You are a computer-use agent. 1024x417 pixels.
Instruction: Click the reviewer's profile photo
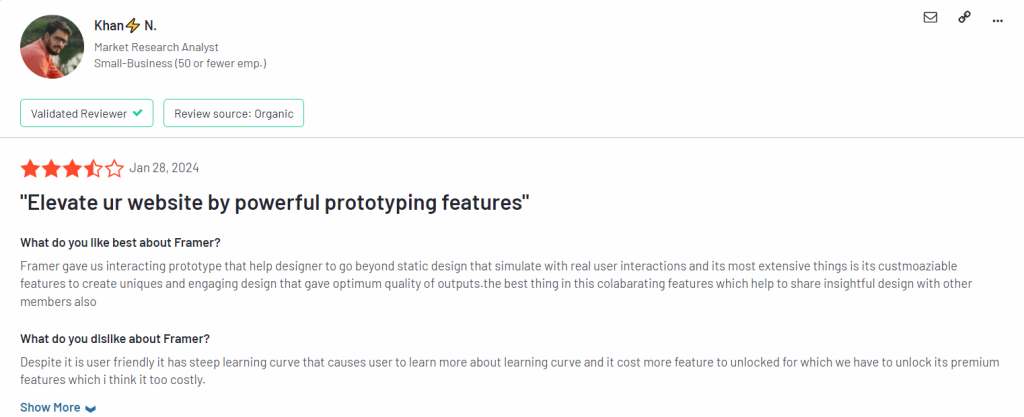tap(52, 46)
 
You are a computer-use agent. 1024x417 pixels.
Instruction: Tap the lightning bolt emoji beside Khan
tap(133, 26)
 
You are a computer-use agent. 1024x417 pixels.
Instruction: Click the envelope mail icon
tap(930, 18)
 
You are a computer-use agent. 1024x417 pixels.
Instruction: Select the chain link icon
tap(964, 18)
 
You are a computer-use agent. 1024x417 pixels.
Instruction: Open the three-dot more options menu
tap(997, 21)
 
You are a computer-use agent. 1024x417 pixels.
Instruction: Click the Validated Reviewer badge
tap(87, 113)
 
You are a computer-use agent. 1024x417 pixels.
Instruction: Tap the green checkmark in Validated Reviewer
tap(137, 113)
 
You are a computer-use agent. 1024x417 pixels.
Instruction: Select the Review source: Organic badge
tap(234, 113)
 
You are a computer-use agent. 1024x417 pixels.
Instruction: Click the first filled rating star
tap(30, 169)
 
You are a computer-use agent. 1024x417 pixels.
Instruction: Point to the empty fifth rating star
tap(114, 169)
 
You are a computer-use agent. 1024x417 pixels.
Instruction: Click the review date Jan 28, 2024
tap(164, 168)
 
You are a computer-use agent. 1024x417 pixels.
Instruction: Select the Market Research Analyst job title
tap(156, 47)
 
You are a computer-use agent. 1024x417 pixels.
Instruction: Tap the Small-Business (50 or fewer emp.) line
tap(180, 64)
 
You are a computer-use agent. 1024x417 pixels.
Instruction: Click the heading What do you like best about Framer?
tap(120, 243)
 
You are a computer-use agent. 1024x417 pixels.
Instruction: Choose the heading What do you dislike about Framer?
tap(115, 339)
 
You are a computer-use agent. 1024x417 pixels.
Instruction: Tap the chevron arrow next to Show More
tap(90, 409)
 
